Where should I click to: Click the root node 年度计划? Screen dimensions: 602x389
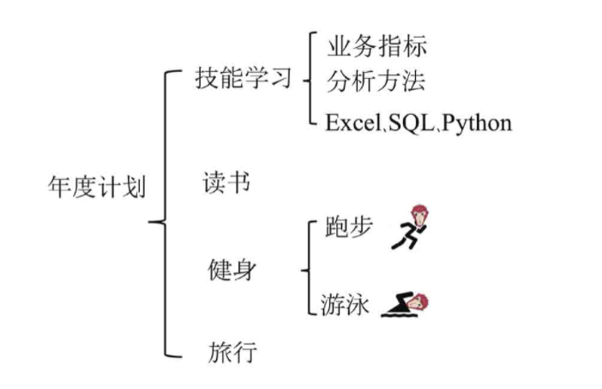pyautogui.click(x=96, y=186)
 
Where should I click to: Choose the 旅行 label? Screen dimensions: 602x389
pyautogui.click(x=232, y=350)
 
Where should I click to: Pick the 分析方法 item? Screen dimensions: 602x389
pyautogui.click(x=376, y=82)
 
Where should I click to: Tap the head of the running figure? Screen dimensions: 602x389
pyautogui.click(x=418, y=213)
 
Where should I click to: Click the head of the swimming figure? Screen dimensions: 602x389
pyautogui.click(x=419, y=300)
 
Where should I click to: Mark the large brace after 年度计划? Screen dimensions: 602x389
pyautogui.click(x=163, y=214)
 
